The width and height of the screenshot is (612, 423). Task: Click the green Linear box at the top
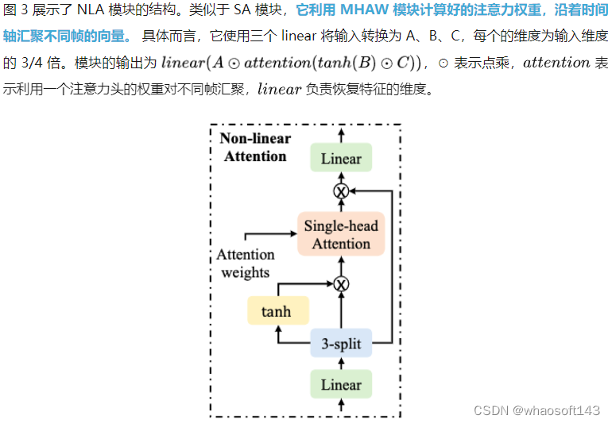pos(341,159)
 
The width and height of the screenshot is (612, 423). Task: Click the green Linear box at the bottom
pos(341,385)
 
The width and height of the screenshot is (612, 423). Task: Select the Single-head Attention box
pos(341,235)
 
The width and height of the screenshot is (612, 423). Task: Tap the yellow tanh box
pos(276,312)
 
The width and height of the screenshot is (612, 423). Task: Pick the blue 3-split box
pos(341,344)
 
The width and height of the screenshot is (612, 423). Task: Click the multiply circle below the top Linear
pos(341,191)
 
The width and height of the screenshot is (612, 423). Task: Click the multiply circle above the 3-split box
pos(341,283)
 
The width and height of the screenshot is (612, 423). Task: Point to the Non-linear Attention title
pos(255,148)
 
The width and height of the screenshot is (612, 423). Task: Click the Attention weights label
pos(246,263)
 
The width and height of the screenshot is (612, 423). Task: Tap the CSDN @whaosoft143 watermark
pos(536,410)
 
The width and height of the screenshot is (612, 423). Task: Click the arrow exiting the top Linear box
pos(341,135)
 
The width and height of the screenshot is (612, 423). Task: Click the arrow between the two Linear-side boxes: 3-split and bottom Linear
pos(341,363)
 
